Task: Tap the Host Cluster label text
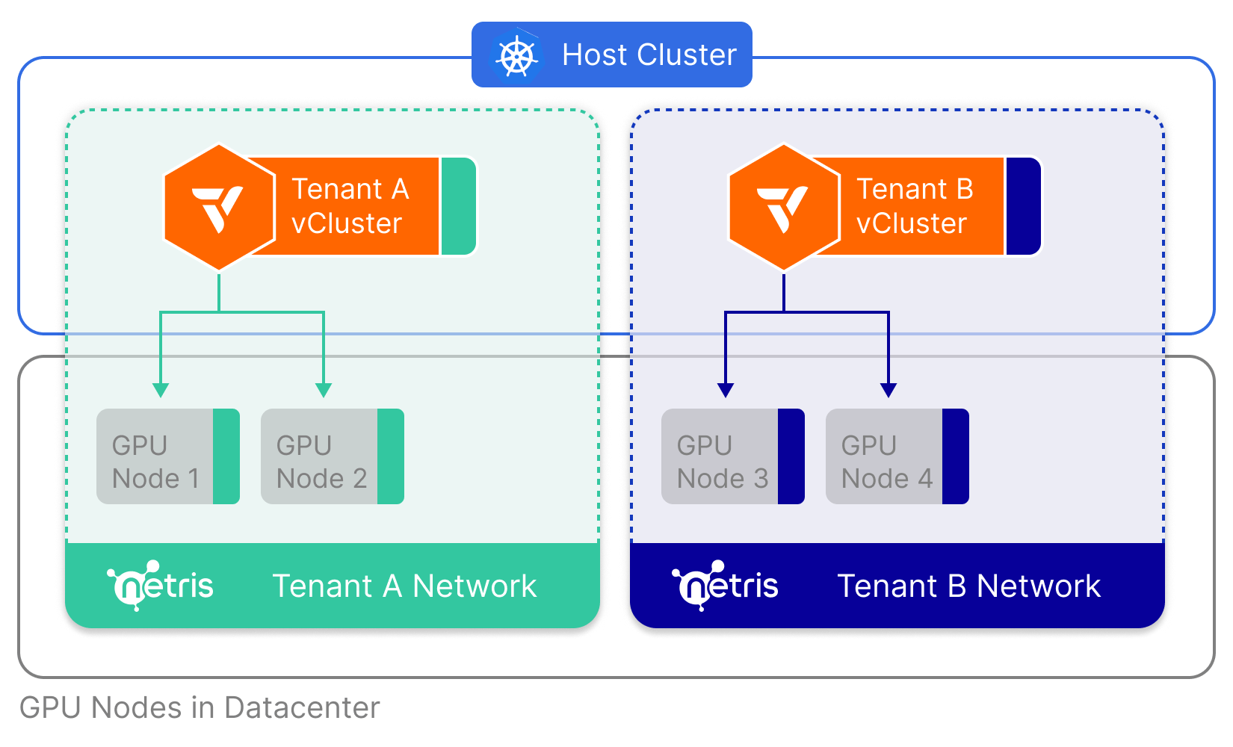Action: pos(649,55)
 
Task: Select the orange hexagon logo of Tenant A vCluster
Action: pos(219,207)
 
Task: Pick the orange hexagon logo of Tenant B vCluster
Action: pos(784,207)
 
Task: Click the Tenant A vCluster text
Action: pos(349,206)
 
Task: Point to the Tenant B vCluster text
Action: pos(914,206)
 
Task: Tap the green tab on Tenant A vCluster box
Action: pos(458,206)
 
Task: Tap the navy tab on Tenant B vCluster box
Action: pos(1023,206)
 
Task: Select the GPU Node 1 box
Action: pos(168,456)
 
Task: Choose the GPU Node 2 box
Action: pos(333,456)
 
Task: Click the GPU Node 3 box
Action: pos(733,456)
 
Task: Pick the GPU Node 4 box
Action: pos(897,456)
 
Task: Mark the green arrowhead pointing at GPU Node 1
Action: pos(161,390)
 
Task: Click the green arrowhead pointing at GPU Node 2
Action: pos(324,390)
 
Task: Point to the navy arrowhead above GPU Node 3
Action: pos(726,390)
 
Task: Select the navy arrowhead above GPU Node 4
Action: pos(889,390)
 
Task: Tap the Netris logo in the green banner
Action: pos(161,586)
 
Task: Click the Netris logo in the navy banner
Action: pos(726,586)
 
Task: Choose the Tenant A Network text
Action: pos(404,586)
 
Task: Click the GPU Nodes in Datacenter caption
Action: pos(200,707)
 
